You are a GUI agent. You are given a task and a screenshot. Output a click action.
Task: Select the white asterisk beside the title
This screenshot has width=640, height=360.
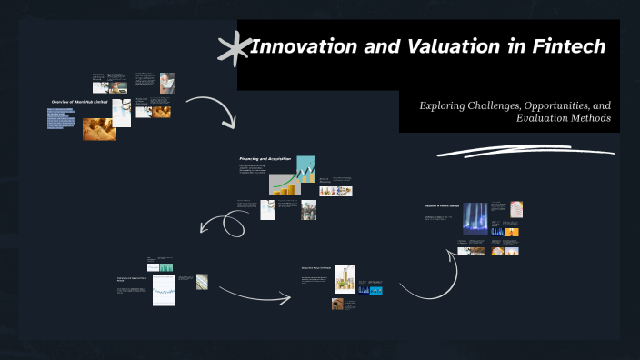235,48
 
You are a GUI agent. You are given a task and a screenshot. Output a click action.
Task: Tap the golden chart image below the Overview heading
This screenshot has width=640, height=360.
99,129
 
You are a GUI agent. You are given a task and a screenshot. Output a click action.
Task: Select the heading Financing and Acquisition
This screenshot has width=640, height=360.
265,158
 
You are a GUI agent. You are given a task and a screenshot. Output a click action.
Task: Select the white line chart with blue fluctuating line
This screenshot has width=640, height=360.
164,291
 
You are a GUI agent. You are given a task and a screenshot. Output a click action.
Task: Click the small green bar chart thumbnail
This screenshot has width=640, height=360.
165,267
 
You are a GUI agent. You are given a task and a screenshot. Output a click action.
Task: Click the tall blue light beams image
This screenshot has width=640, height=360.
475,219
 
